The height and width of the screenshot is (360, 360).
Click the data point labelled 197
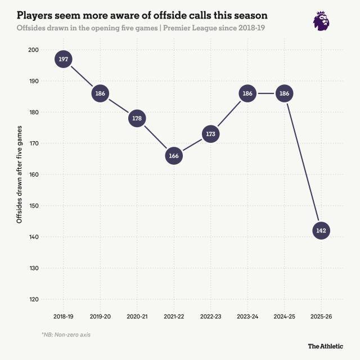64,59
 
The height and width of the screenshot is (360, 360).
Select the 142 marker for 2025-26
321,231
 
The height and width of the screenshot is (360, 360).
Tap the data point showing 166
174,156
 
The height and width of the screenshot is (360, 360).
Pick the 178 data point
137,119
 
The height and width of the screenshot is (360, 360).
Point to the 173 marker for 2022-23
210,134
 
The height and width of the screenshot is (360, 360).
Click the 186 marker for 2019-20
100,93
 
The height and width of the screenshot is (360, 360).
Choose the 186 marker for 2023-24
247,93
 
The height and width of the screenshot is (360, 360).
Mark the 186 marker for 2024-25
284,93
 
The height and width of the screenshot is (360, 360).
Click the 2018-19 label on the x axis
64,317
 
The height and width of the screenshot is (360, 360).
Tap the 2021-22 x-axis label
174,317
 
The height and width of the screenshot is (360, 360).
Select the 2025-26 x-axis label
321,317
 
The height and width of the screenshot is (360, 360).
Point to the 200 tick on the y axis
33,50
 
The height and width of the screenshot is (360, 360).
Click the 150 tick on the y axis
33,206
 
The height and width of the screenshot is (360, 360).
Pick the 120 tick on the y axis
33,299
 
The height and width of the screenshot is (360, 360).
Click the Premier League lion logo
322,20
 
